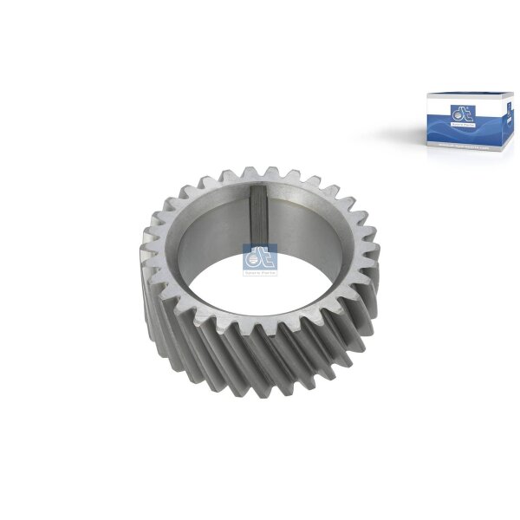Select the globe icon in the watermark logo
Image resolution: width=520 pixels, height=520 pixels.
tap(250, 257)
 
